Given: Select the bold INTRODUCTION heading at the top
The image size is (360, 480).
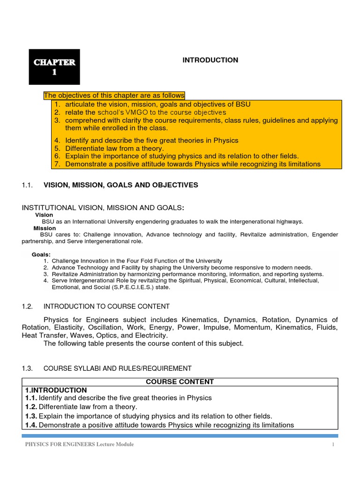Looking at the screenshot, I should [210, 60].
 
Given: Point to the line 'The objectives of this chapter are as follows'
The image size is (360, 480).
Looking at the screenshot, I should [114, 95].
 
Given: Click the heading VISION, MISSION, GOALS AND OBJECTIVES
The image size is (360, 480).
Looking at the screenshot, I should [120, 185].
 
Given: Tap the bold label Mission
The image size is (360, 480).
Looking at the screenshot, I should [45, 228].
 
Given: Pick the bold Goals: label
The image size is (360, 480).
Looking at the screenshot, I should [41, 254].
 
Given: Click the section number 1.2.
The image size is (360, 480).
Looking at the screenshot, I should [27, 307].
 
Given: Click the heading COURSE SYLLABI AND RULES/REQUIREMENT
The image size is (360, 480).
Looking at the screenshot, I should [118, 368].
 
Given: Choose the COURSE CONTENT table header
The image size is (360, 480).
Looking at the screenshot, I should [180, 382].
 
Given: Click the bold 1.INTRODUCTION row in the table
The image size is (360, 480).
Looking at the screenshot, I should [56, 390].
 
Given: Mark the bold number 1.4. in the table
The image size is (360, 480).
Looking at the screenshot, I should [31, 425].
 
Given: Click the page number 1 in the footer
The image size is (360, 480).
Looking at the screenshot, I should [332, 444].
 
